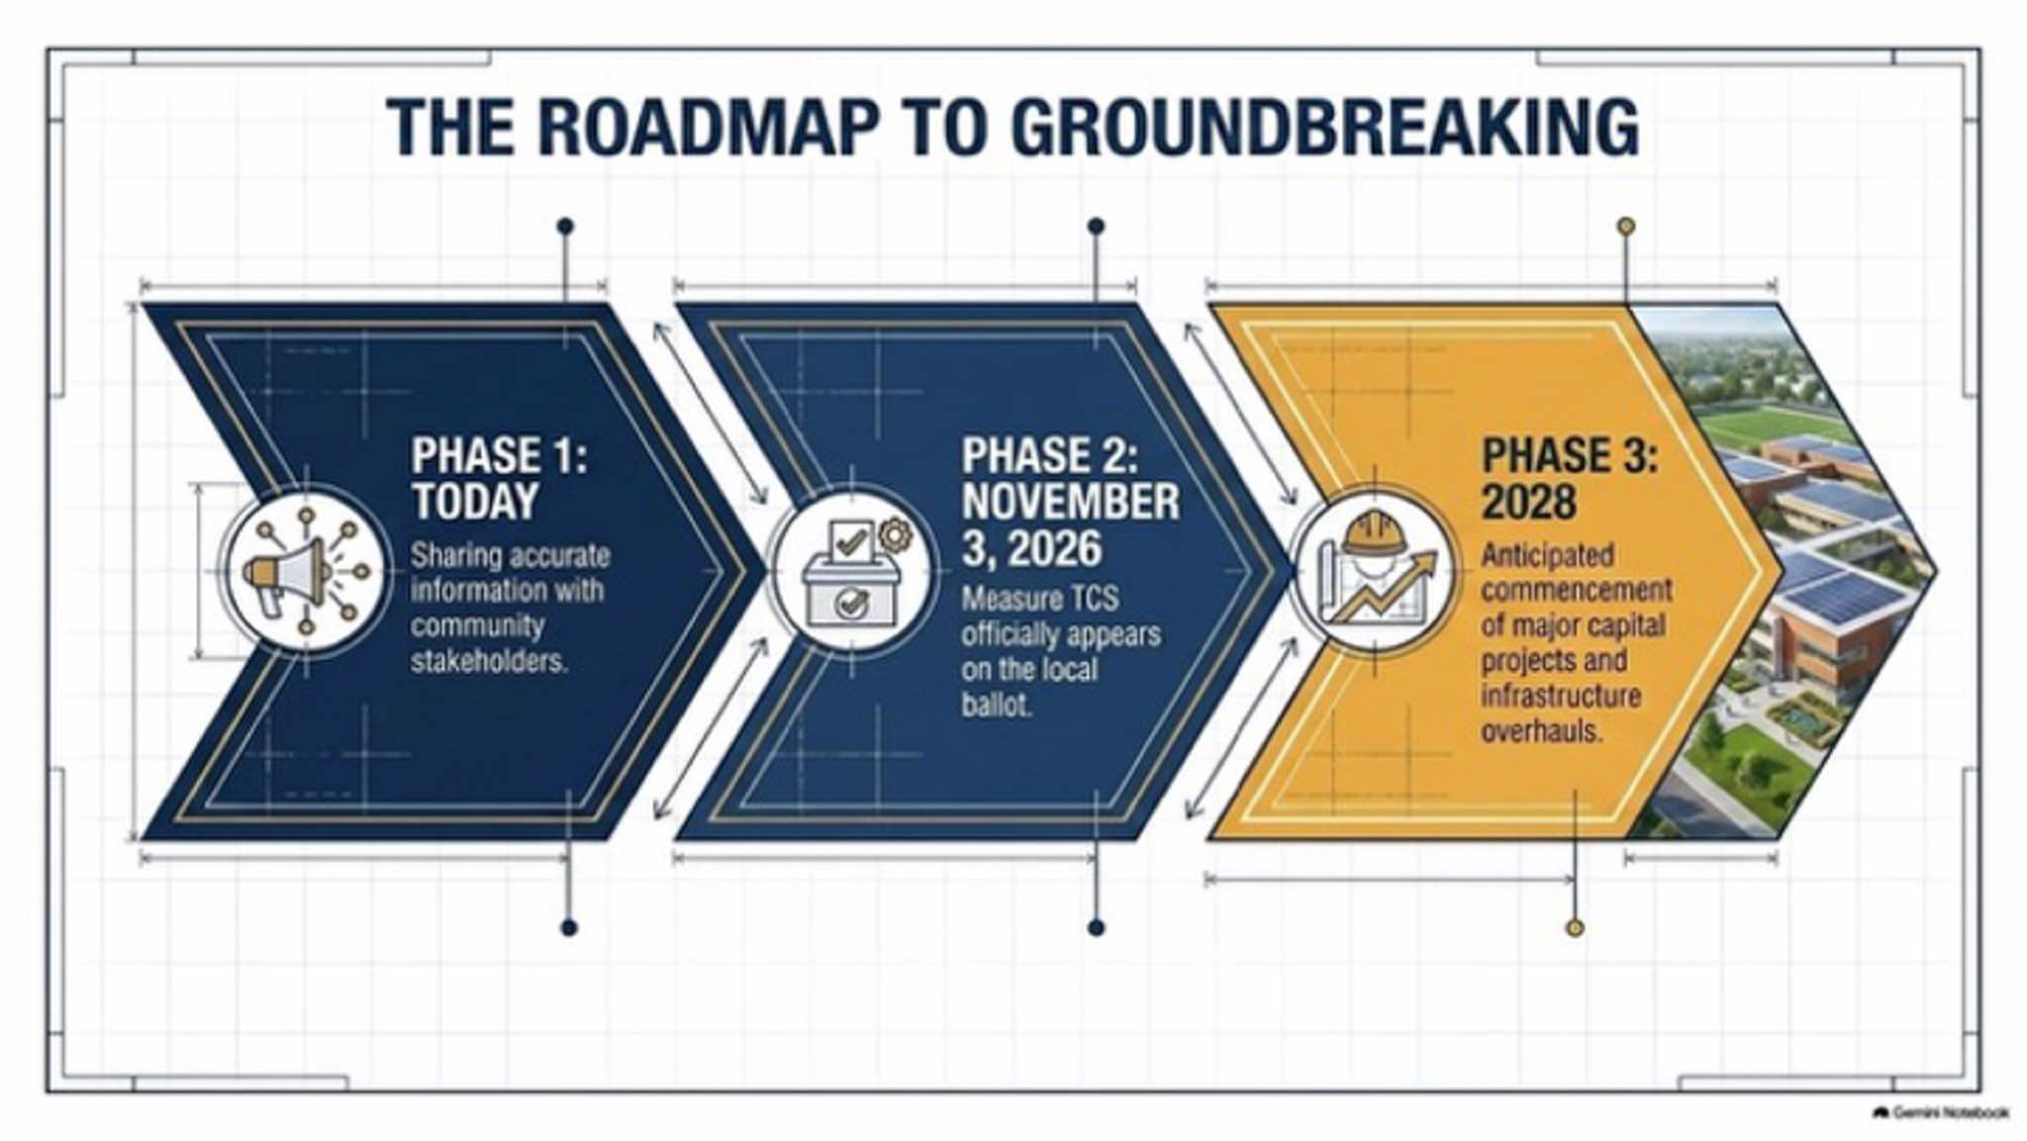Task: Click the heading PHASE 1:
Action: click(499, 456)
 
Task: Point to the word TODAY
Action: click(475, 502)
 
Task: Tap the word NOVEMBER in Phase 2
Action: click(1070, 502)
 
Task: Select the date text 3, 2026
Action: click(1031, 548)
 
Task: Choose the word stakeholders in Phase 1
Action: click(489, 661)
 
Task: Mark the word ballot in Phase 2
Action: click(997, 705)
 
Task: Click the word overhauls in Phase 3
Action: click(1542, 731)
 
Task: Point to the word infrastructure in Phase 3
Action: click(1561, 696)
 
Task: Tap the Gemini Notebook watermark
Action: click(1942, 1113)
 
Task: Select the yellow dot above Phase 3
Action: click(1625, 227)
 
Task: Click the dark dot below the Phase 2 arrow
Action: click(1096, 927)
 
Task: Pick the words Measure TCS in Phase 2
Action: click(1040, 599)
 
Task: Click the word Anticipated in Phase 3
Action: click(1547, 555)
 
